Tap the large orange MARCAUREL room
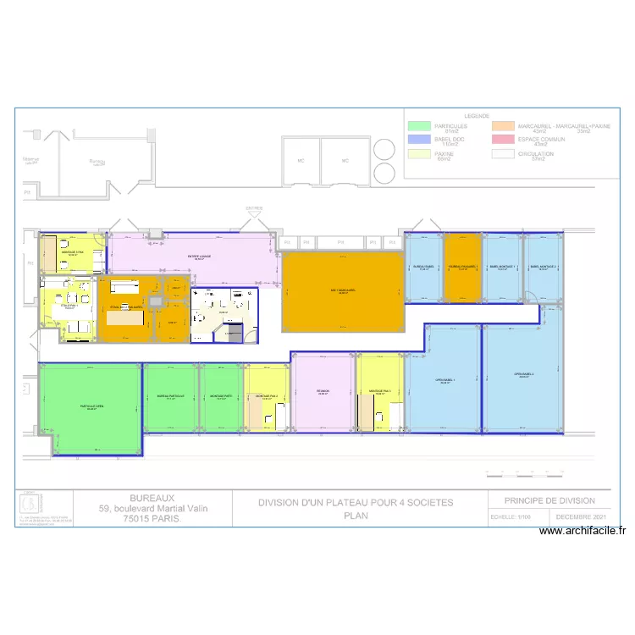click(343, 292)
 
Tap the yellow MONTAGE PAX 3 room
click(267, 396)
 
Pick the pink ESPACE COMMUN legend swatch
click(505, 141)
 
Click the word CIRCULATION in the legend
click(536, 154)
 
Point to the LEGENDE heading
click(477, 116)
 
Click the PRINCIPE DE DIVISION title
click(549, 500)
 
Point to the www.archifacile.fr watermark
click(583, 532)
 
